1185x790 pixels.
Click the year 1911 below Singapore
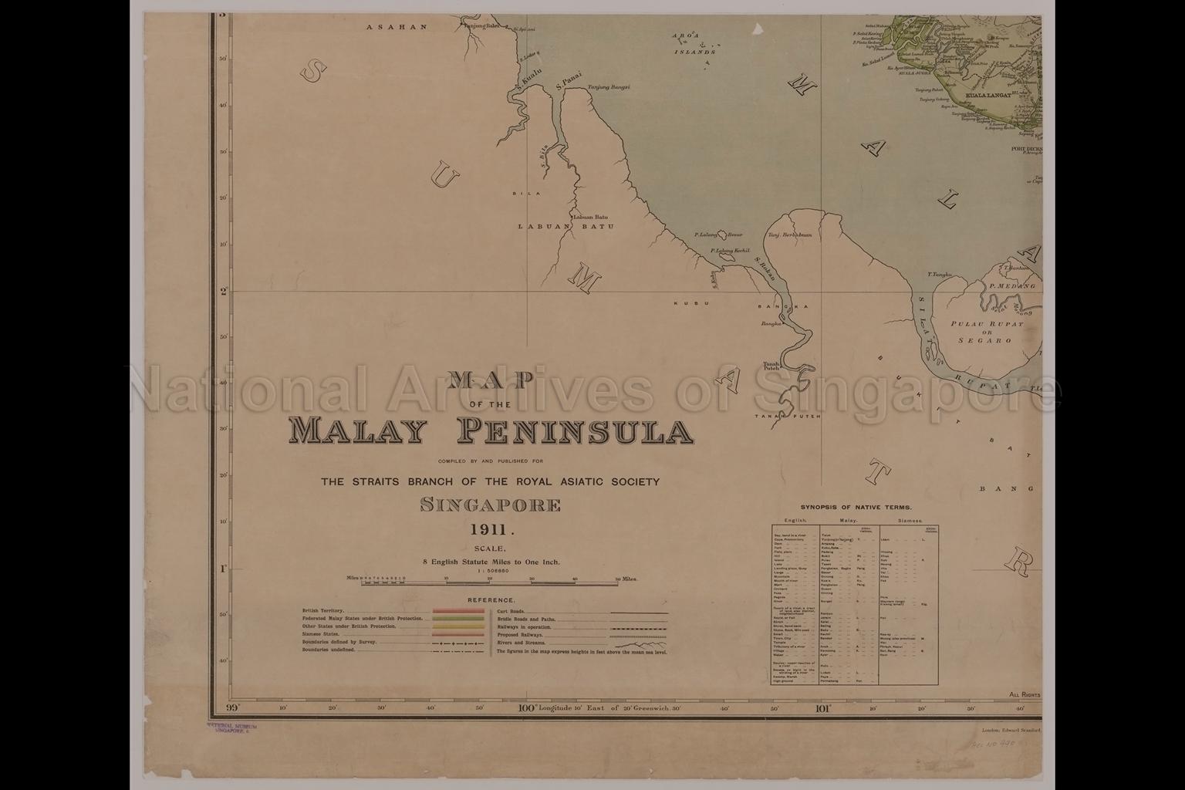click(491, 529)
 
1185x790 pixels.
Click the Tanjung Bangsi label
click(609, 87)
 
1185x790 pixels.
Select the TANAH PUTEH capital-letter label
click(783, 417)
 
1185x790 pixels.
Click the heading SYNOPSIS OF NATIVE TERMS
click(856, 508)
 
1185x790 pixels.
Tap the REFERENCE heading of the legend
click(491, 600)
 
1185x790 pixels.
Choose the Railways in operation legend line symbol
click(639, 628)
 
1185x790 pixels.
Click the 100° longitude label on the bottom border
click(527, 707)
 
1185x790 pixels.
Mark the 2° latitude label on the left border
click(223, 292)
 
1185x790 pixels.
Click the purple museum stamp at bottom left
click(231, 729)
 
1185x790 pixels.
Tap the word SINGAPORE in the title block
click(491, 506)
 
